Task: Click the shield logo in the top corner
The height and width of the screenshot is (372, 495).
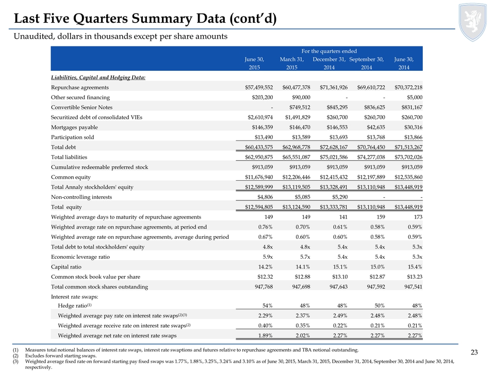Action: coord(473,22)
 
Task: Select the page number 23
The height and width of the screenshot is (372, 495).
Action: coord(474,352)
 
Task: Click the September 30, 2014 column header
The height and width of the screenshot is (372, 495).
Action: coord(367,63)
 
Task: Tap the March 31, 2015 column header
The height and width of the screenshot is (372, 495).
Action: coord(292,63)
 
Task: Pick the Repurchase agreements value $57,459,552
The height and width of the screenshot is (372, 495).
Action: coord(259,87)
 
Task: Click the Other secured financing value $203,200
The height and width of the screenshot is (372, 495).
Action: coord(262,98)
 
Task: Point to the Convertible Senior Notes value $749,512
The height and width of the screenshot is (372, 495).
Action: coord(300,107)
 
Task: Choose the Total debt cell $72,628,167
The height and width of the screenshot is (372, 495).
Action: coord(334,147)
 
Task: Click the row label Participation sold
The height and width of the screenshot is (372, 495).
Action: coord(72,137)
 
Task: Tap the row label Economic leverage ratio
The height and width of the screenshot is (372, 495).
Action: coord(80,257)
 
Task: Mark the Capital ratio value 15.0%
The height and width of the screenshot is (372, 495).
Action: coord(377,267)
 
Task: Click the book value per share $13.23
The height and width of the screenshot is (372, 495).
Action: coord(415,277)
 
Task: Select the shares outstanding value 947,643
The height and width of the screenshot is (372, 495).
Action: coord(338,287)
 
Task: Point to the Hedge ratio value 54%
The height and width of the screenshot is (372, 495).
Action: coord(268,305)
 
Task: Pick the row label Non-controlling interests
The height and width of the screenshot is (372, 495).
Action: coord(81,197)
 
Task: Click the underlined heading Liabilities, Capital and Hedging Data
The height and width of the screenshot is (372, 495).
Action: coord(98,78)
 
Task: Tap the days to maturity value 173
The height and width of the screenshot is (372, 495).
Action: coord(418,217)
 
